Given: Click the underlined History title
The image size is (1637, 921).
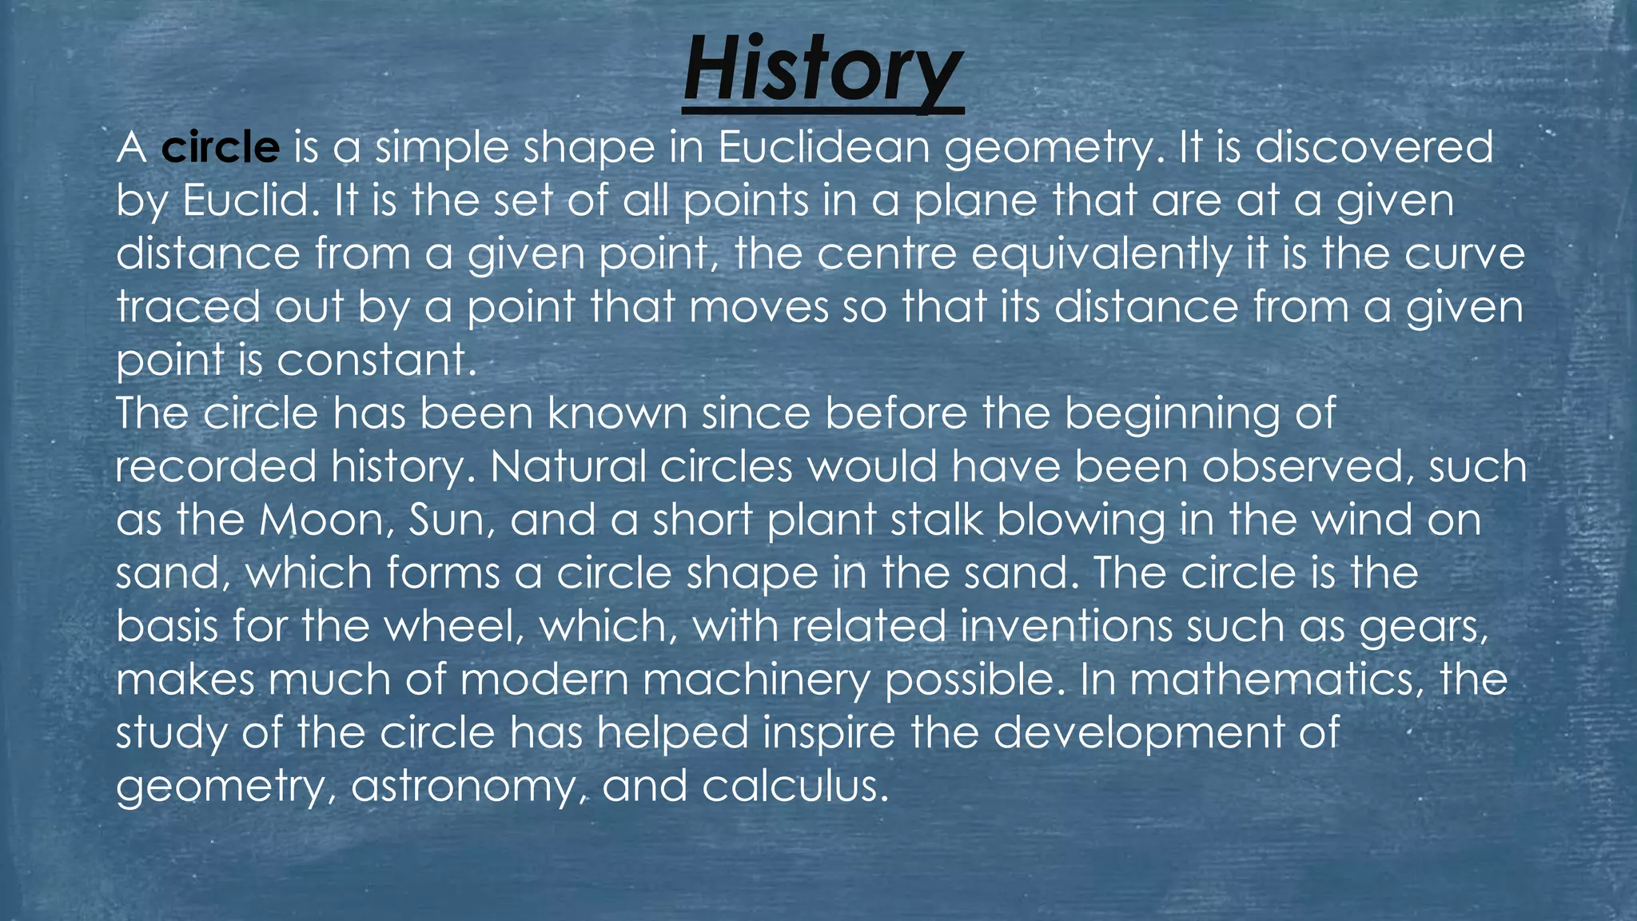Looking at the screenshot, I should (x=822, y=72).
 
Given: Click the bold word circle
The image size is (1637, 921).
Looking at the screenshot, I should (x=221, y=148).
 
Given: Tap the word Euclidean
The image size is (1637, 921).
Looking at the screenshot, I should (x=823, y=148).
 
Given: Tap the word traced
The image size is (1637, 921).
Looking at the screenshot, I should (x=188, y=307).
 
